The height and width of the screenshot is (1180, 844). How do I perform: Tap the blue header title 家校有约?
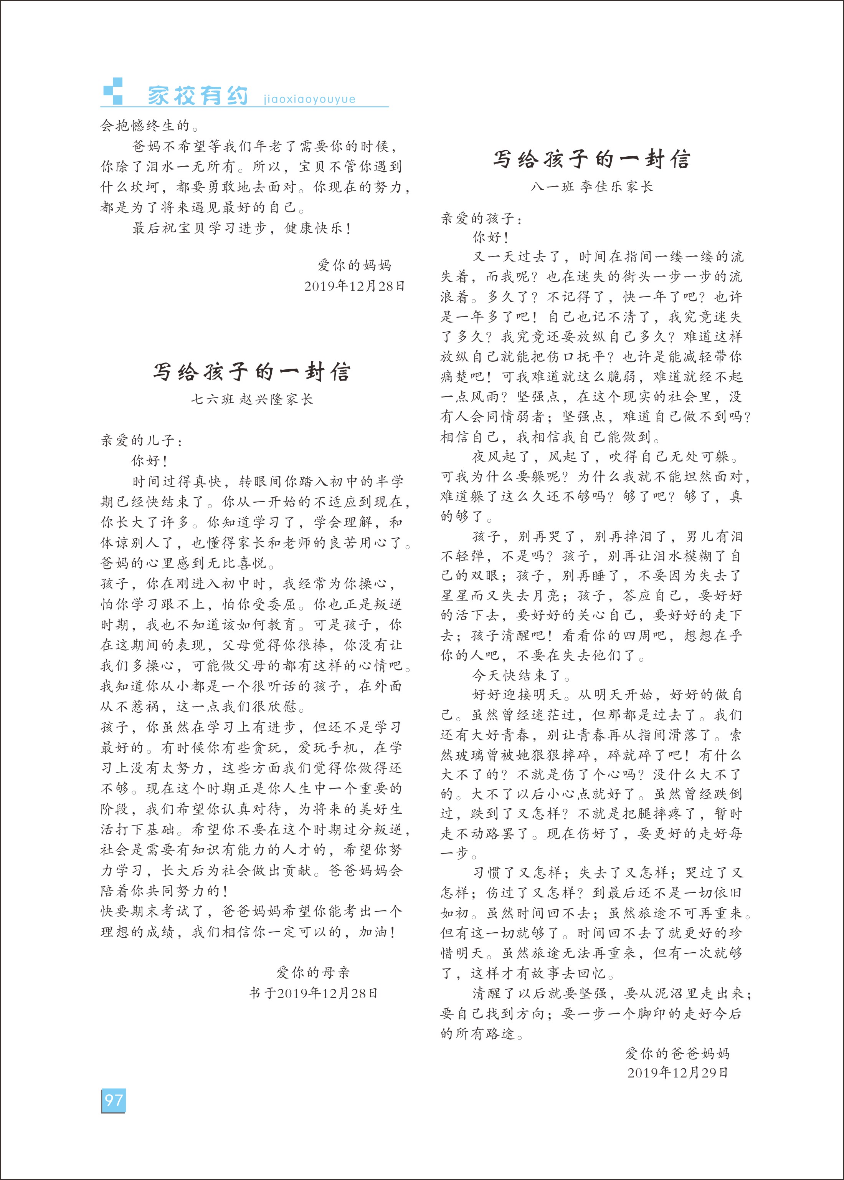(x=198, y=96)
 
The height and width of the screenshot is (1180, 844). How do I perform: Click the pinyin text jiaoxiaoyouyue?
(x=309, y=99)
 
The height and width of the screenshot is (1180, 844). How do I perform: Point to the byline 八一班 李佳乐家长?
(x=591, y=187)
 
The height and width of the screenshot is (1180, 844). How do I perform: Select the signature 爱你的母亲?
(x=313, y=972)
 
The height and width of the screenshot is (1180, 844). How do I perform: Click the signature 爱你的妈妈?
(x=354, y=265)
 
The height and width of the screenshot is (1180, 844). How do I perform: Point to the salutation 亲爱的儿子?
(x=141, y=441)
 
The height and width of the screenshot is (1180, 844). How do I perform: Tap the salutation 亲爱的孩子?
(x=481, y=218)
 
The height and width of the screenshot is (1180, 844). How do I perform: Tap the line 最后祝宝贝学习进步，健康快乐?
(x=242, y=228)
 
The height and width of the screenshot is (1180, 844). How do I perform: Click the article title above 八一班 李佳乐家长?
(x=591, y=159)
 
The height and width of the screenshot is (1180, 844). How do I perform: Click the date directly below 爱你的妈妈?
(x=354, y=285)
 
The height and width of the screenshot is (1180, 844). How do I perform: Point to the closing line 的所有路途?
(x=481, y=1033)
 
